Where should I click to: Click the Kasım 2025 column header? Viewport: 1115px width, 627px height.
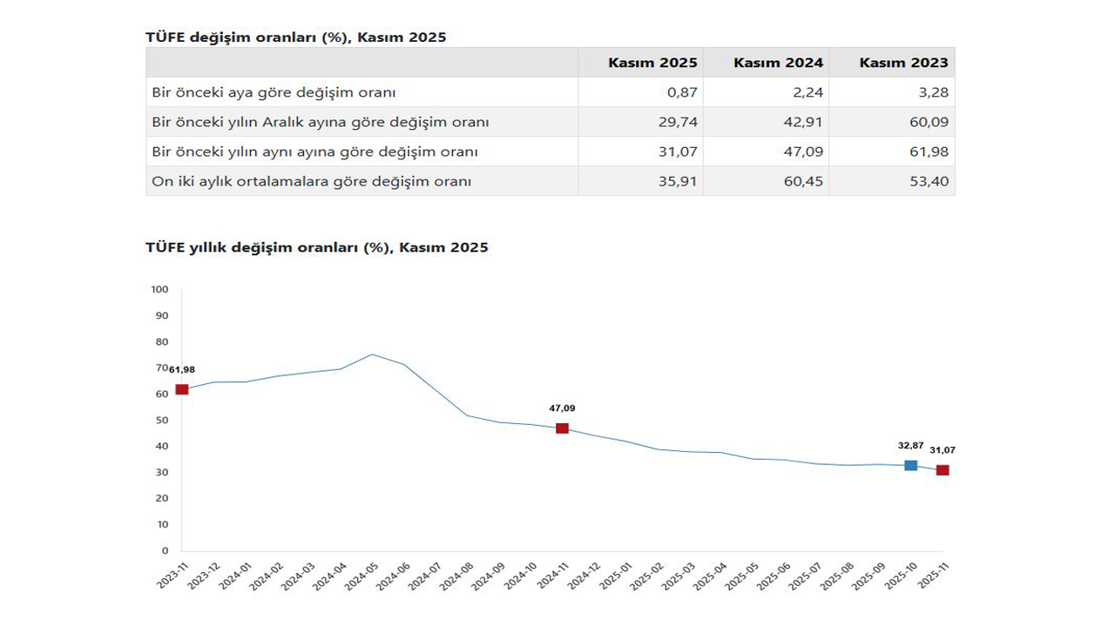click(652, 63)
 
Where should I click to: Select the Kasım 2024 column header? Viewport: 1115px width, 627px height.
click(778, 63)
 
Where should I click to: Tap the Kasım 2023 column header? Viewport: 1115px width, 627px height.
click(903, 63)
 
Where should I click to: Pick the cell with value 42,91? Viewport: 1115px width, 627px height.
click(805, 122)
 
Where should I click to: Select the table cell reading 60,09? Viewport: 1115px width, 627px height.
click(929, 122)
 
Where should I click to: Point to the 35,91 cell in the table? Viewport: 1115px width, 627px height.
click(679, 181)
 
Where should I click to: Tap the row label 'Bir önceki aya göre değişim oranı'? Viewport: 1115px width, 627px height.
click(274, 92)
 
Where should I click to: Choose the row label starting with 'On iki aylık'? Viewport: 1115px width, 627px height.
click(311, 181)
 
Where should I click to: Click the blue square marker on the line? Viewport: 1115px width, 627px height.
click(910, 466)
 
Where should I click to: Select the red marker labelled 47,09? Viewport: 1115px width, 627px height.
click(562, 428)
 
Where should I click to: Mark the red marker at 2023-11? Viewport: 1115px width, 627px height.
click(182, 389)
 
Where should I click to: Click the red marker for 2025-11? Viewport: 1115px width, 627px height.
click(943, 470)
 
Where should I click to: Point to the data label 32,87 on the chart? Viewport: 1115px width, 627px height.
click(910, 446)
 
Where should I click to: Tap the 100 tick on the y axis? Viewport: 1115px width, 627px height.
click(159, 289)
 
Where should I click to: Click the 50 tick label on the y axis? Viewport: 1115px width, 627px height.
click(162, 420)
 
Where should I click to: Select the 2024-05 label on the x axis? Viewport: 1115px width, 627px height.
click(361, 576)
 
